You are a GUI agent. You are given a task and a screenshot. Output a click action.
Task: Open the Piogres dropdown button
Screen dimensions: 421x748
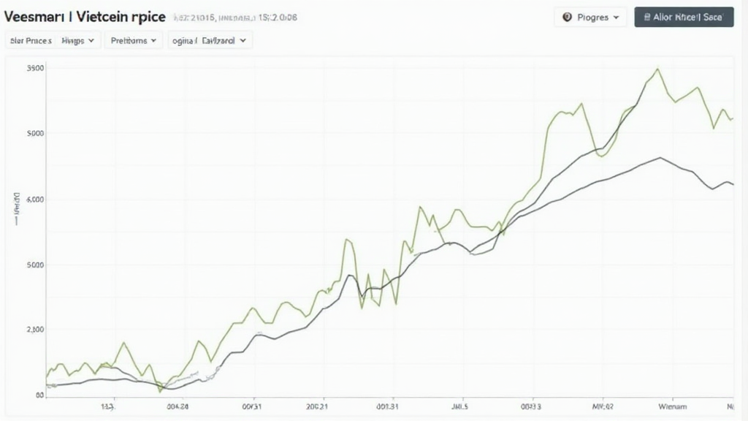[x=590, y=17]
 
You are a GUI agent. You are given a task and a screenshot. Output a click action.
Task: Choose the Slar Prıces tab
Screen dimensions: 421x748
[x=31, y=41]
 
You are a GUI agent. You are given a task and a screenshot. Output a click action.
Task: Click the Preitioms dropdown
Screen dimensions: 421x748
[x=134, y=41]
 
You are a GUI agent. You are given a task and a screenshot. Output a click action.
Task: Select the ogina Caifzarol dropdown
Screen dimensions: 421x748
[x=210, y=41]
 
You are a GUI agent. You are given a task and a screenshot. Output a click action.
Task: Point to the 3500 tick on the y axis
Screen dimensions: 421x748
[x=35, y=68]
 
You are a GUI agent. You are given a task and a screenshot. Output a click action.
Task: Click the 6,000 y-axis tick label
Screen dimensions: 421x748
[x=35, y=199]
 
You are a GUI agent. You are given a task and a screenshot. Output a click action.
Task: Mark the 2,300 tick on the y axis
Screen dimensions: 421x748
[x=35, y=330]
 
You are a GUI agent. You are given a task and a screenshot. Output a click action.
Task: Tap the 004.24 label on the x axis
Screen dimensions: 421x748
[x=178, y=407]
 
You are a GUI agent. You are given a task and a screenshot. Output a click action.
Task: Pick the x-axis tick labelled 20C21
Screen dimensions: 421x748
[x=317, y=407]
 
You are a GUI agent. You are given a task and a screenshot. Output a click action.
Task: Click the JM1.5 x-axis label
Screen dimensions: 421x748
[x=459, y=407]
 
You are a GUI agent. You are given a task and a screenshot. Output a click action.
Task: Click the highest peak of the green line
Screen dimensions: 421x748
[x=657, y=69]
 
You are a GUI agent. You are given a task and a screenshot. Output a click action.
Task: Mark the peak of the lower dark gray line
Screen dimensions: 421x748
[x=660, y=157]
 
